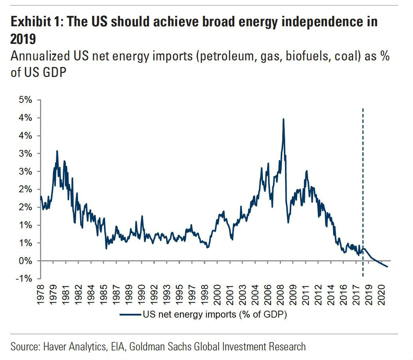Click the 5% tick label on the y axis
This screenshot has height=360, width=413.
(24, 100)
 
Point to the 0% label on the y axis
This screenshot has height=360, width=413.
(24, 261)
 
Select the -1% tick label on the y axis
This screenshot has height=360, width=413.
(22, 279)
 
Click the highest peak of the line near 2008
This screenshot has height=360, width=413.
(283, 119)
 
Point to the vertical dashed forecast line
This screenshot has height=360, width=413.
(363, 191)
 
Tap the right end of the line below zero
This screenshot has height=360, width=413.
(387, 267)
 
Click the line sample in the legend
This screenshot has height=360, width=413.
(130, 315)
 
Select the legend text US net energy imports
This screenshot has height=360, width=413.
(215, 315)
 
